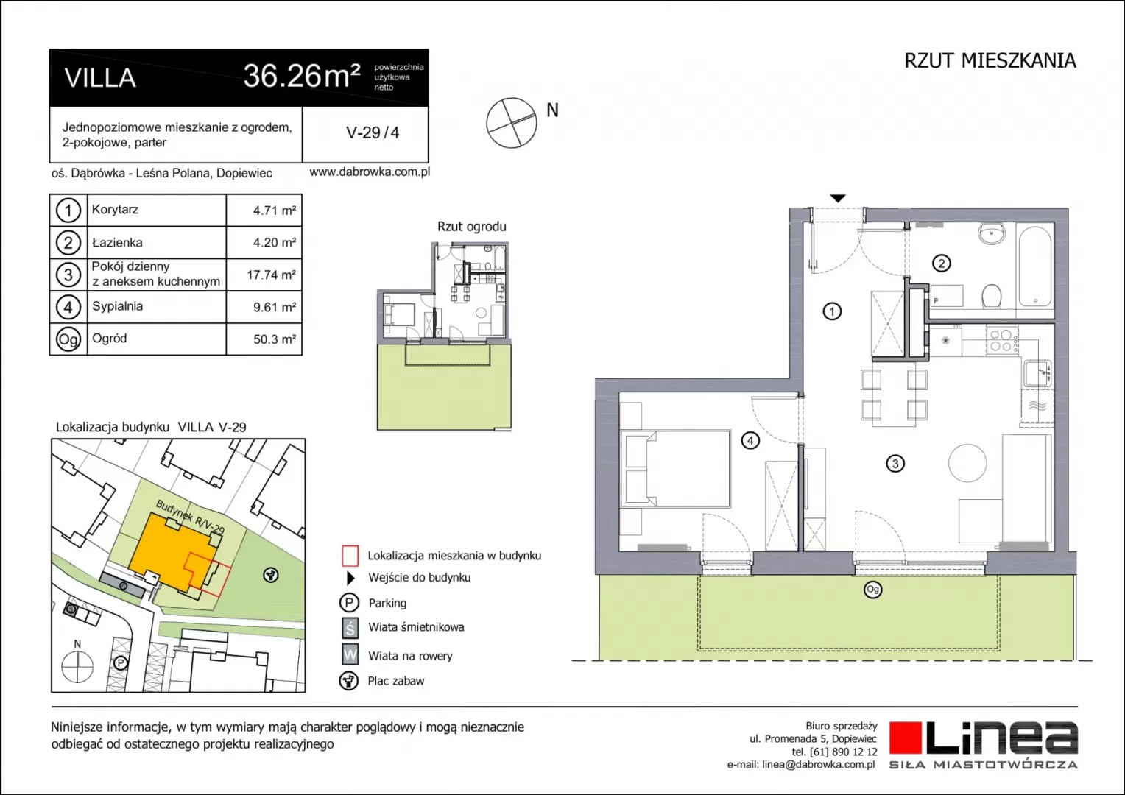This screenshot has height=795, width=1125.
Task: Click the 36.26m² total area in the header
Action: coord(302,76)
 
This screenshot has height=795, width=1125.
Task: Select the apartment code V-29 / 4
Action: coord(373,132)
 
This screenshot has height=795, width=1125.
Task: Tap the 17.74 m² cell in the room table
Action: coord(271,275)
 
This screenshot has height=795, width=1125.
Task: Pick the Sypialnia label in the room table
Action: coord(118,306)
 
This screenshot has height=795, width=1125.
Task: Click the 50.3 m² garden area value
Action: coord(274,339)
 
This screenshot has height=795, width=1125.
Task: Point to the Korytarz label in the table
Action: coord(115,209)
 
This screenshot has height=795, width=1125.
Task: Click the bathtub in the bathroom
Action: coord(1034,266)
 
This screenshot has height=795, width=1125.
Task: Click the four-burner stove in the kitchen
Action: coord(1002,341)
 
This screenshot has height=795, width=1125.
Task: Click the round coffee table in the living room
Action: coord(967,463)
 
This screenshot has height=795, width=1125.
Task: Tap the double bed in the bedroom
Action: coord(675,469)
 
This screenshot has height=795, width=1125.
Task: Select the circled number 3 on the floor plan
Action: coord(895,463)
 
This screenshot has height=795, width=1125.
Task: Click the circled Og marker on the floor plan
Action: coord(873,590)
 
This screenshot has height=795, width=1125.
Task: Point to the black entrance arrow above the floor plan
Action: coord(837,198)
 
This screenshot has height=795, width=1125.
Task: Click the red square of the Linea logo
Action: coord(906,738)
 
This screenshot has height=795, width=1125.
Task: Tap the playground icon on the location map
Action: coord(271,575)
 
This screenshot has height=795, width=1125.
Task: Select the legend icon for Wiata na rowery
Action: coord(350,655)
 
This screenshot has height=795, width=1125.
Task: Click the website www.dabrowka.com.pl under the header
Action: coord(370,172)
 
